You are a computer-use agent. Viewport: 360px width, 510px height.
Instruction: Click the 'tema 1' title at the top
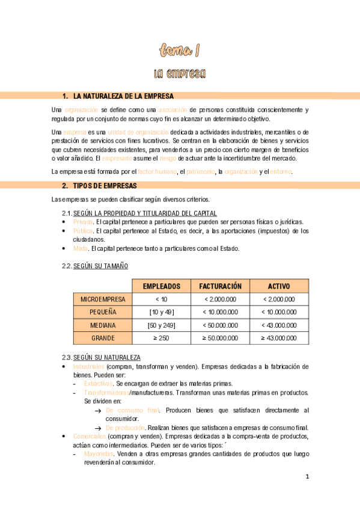(x=180, y=49)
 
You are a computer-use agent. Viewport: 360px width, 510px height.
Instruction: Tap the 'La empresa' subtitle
(x=180, y=73)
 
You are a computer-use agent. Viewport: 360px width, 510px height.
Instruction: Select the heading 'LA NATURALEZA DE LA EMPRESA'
(x=123, y=96)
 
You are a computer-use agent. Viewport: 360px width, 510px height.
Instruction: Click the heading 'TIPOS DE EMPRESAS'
(x=105, y=185)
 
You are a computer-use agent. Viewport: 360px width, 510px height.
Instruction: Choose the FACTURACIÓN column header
(x=220, y=286)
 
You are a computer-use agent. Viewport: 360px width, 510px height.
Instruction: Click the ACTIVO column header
(x=279, y=286)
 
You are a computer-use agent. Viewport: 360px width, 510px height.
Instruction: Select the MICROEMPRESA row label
(x=103, y=299)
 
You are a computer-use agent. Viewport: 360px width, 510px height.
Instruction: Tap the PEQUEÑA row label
(x=103, y=312)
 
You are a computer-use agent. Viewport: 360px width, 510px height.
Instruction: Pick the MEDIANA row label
(x=103, y=325)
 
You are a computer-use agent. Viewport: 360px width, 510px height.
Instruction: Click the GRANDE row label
(x=103, y=338)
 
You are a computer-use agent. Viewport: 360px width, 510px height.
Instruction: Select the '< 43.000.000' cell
(x=279, y=325)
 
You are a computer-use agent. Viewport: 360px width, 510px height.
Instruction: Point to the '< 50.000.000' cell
(x=220, y=325)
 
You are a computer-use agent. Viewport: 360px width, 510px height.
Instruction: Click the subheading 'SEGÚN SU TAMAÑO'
(x=100, y=266)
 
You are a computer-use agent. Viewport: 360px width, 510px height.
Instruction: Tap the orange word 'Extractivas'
(x=98, y=384)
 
